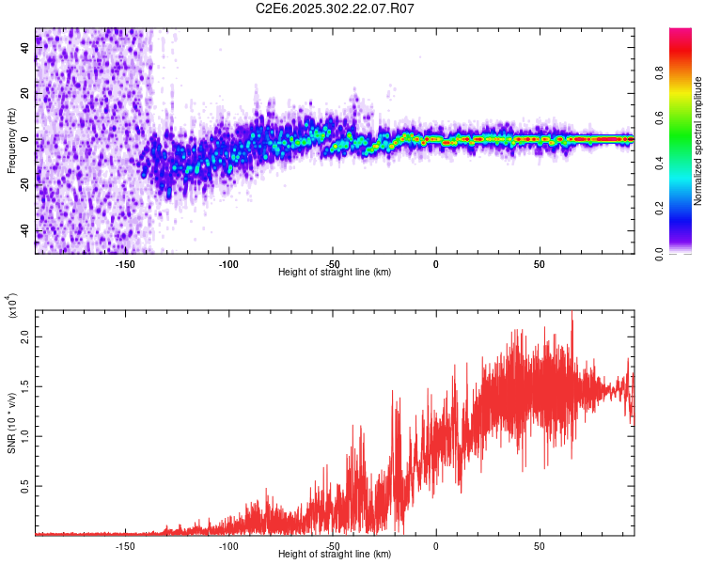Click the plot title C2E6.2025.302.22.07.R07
pyautogui.click(x=335, y=9)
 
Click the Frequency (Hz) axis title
pyautogui.click(x=11, y=140)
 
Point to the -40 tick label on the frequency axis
pyautogui.click(x=24, y=231)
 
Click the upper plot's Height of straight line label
pyautogui.click(x=335, y=273)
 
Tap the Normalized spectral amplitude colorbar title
pyautogui.click(x=698, y=141)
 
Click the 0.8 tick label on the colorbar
pyautogui.click(x=660, y=73)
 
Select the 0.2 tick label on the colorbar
pyautogui.click(x=660, y=209)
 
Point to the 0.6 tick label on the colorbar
pyautogui.click(x=660, y=118)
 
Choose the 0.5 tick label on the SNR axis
pyautogui.click(x=24, y=486)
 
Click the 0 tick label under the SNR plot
pyautogui.click(x=436, y=544)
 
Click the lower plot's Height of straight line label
pyautogui.click(x=335, y=555)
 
